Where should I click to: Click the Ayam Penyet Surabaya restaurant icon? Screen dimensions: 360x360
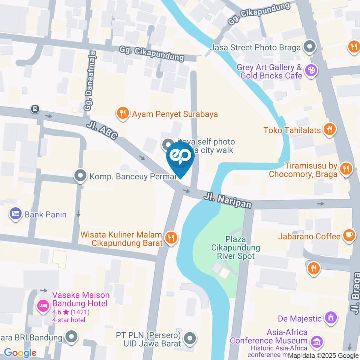[122, 114]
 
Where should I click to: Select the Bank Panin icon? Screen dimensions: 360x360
[15, 214]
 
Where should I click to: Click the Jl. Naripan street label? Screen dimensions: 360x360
[228, 200]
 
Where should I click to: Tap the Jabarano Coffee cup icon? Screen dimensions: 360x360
[349, 236]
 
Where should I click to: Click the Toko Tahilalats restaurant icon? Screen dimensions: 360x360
[330, 130]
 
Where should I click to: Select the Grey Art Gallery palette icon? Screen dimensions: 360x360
[311, 70]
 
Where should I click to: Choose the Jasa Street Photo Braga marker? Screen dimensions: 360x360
[310, 47]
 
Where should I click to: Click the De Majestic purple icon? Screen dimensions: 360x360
[330, 318]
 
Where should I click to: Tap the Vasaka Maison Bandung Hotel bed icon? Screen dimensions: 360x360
[43, 306]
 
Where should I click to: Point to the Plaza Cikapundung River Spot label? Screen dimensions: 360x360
[235, 247]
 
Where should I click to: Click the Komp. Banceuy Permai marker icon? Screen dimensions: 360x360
[80, 175]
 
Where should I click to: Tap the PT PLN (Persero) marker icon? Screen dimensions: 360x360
[190, 338]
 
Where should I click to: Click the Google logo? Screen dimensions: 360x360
[20, 352]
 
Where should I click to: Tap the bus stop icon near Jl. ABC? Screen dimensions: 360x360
[35, 109]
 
